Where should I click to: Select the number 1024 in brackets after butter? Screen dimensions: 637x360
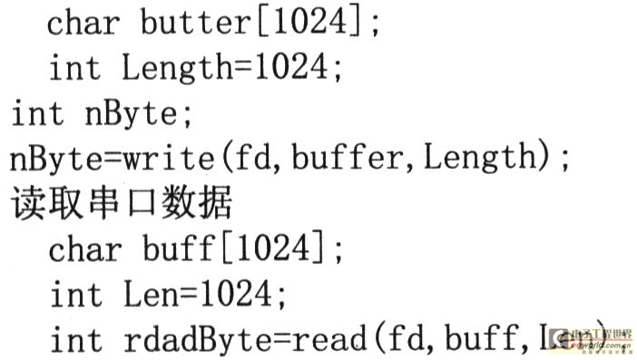point(314,23)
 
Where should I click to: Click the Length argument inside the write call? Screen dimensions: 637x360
point(481,159)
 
